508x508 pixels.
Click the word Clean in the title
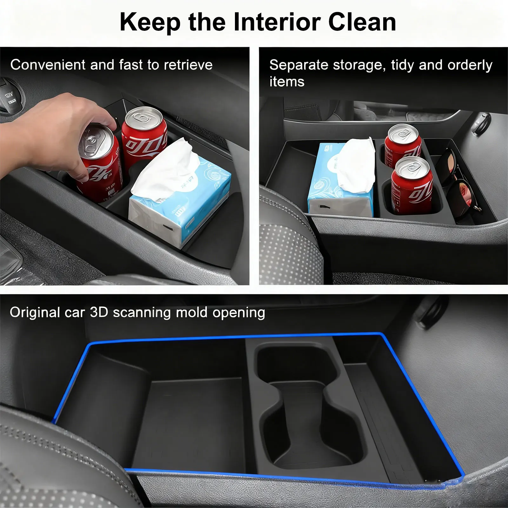coord(362,22)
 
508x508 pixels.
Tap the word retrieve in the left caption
coord(188,65)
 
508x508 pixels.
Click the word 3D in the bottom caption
coord(99,312)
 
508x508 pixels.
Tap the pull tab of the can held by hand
coord(92,140)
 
